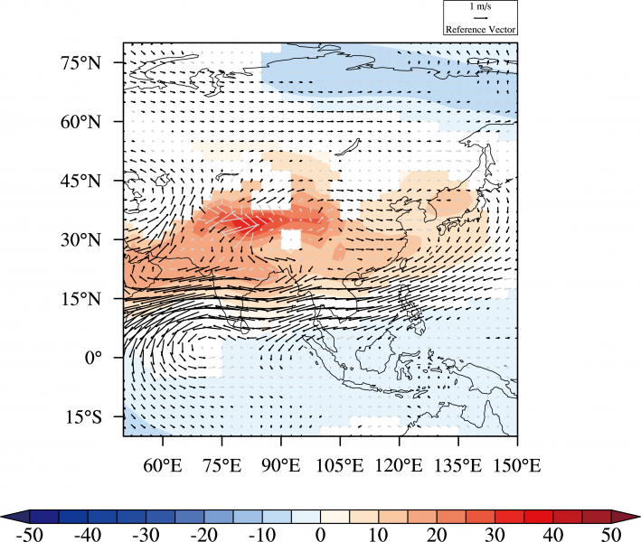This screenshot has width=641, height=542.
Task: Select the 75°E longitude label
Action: (222, 466)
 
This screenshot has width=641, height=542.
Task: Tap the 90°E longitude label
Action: (281, 466)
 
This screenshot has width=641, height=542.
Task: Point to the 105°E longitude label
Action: (340, 466)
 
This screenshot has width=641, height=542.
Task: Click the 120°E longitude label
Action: (399, 466)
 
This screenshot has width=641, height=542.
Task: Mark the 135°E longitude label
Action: (458, 466)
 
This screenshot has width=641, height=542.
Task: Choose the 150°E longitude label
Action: (517, 466)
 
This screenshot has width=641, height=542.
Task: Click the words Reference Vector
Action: (479, 29)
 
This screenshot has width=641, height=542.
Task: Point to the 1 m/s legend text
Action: (479, 6)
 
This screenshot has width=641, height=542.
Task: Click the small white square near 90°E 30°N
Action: (290, 239)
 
